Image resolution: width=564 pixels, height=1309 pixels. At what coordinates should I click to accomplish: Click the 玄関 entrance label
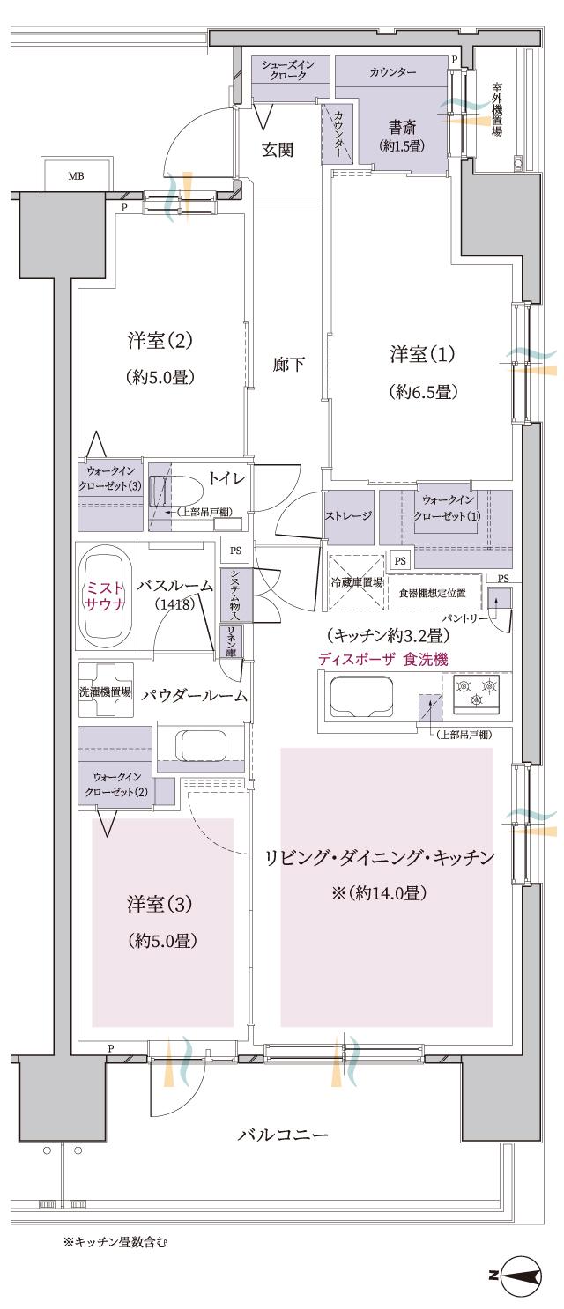(278, 150)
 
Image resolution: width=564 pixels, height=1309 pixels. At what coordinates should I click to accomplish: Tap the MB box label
(77, 175)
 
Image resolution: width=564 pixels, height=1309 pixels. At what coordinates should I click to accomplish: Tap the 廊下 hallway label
(288, 363)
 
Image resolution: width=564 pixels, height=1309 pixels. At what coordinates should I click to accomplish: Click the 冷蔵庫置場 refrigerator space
(355, 581)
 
